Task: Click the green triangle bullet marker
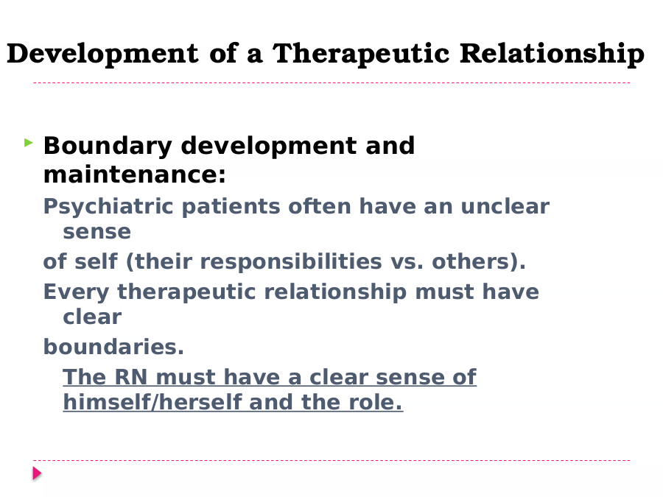29,143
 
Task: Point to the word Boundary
108,147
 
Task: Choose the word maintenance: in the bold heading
135,175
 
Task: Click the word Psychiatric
108,207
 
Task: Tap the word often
319,206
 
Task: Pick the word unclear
505,206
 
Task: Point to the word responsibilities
291,262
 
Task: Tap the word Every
77,293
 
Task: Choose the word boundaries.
113,347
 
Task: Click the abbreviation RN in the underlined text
131,377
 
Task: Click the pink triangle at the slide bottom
38,473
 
